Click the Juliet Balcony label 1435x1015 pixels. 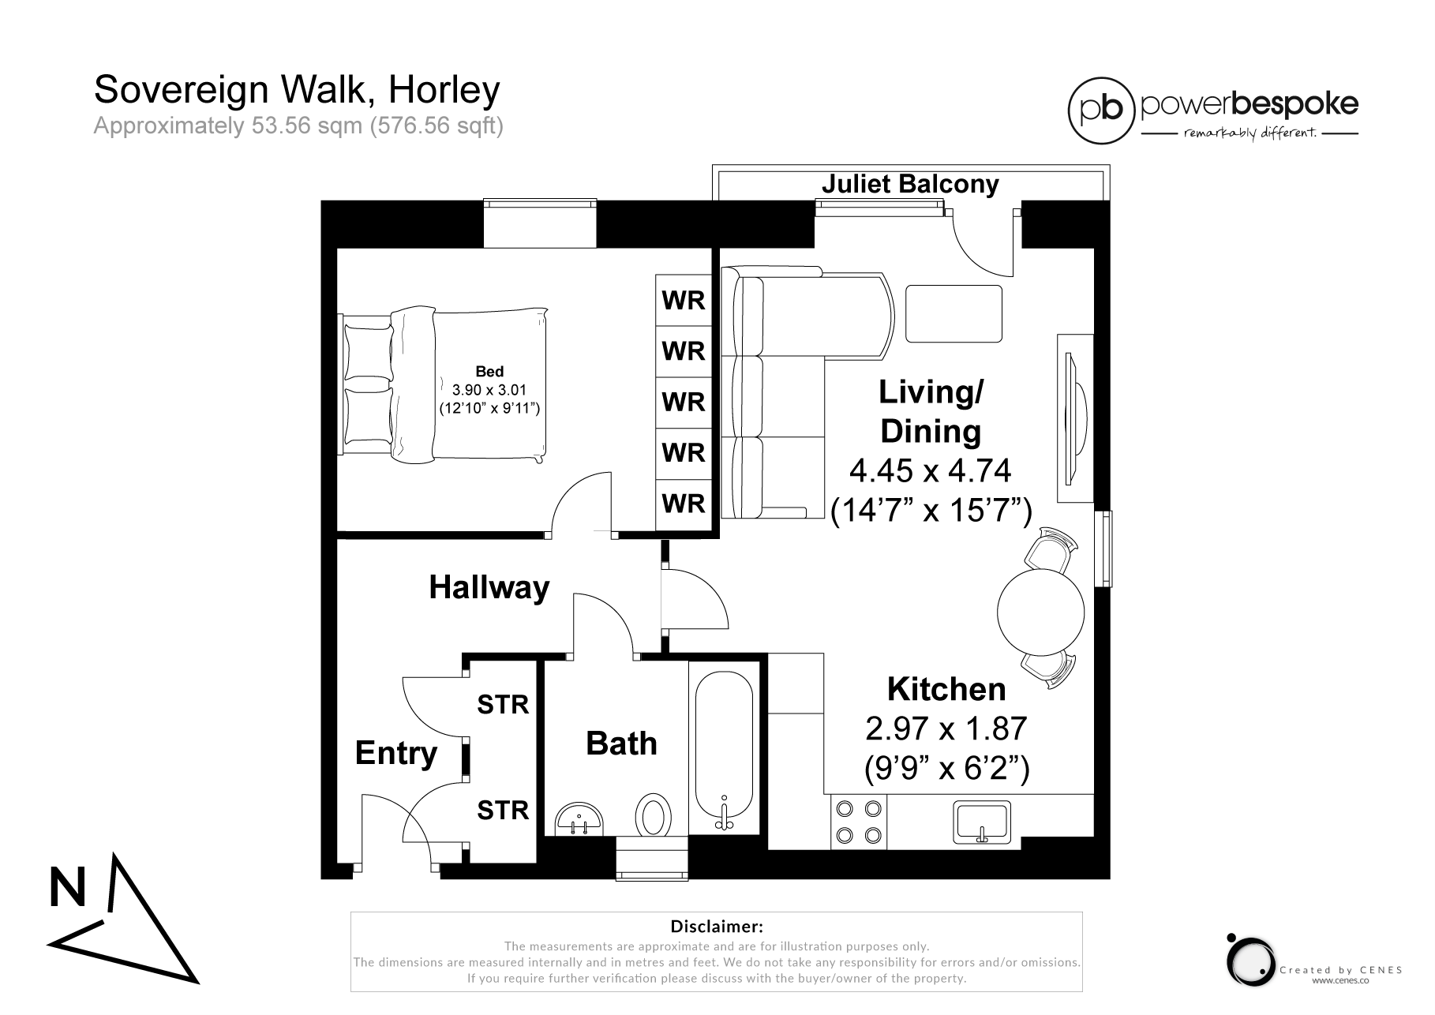tap(909, 184)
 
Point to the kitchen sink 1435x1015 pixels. tap(982, 821)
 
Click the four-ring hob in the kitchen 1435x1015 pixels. tap(859, 822)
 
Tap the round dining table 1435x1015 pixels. tap(1040, 610)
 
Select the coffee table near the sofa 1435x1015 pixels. tap(954, 313)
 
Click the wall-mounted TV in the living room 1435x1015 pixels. tap(1075, 418)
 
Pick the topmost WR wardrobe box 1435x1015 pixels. tap(684, 300)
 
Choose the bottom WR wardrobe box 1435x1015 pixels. tap(684, 504)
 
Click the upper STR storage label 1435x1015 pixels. tap(503, 704)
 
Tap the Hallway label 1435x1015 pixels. tap(489, 588)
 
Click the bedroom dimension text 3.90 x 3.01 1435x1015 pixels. tap(489, 390)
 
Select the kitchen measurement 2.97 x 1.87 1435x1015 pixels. tap(946, 728)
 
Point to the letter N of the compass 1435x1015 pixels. tap(67, 888)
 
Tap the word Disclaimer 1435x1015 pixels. tap(716, 926)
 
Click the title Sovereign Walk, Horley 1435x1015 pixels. tap(297, 90)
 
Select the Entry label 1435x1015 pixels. tap(395, 753)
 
